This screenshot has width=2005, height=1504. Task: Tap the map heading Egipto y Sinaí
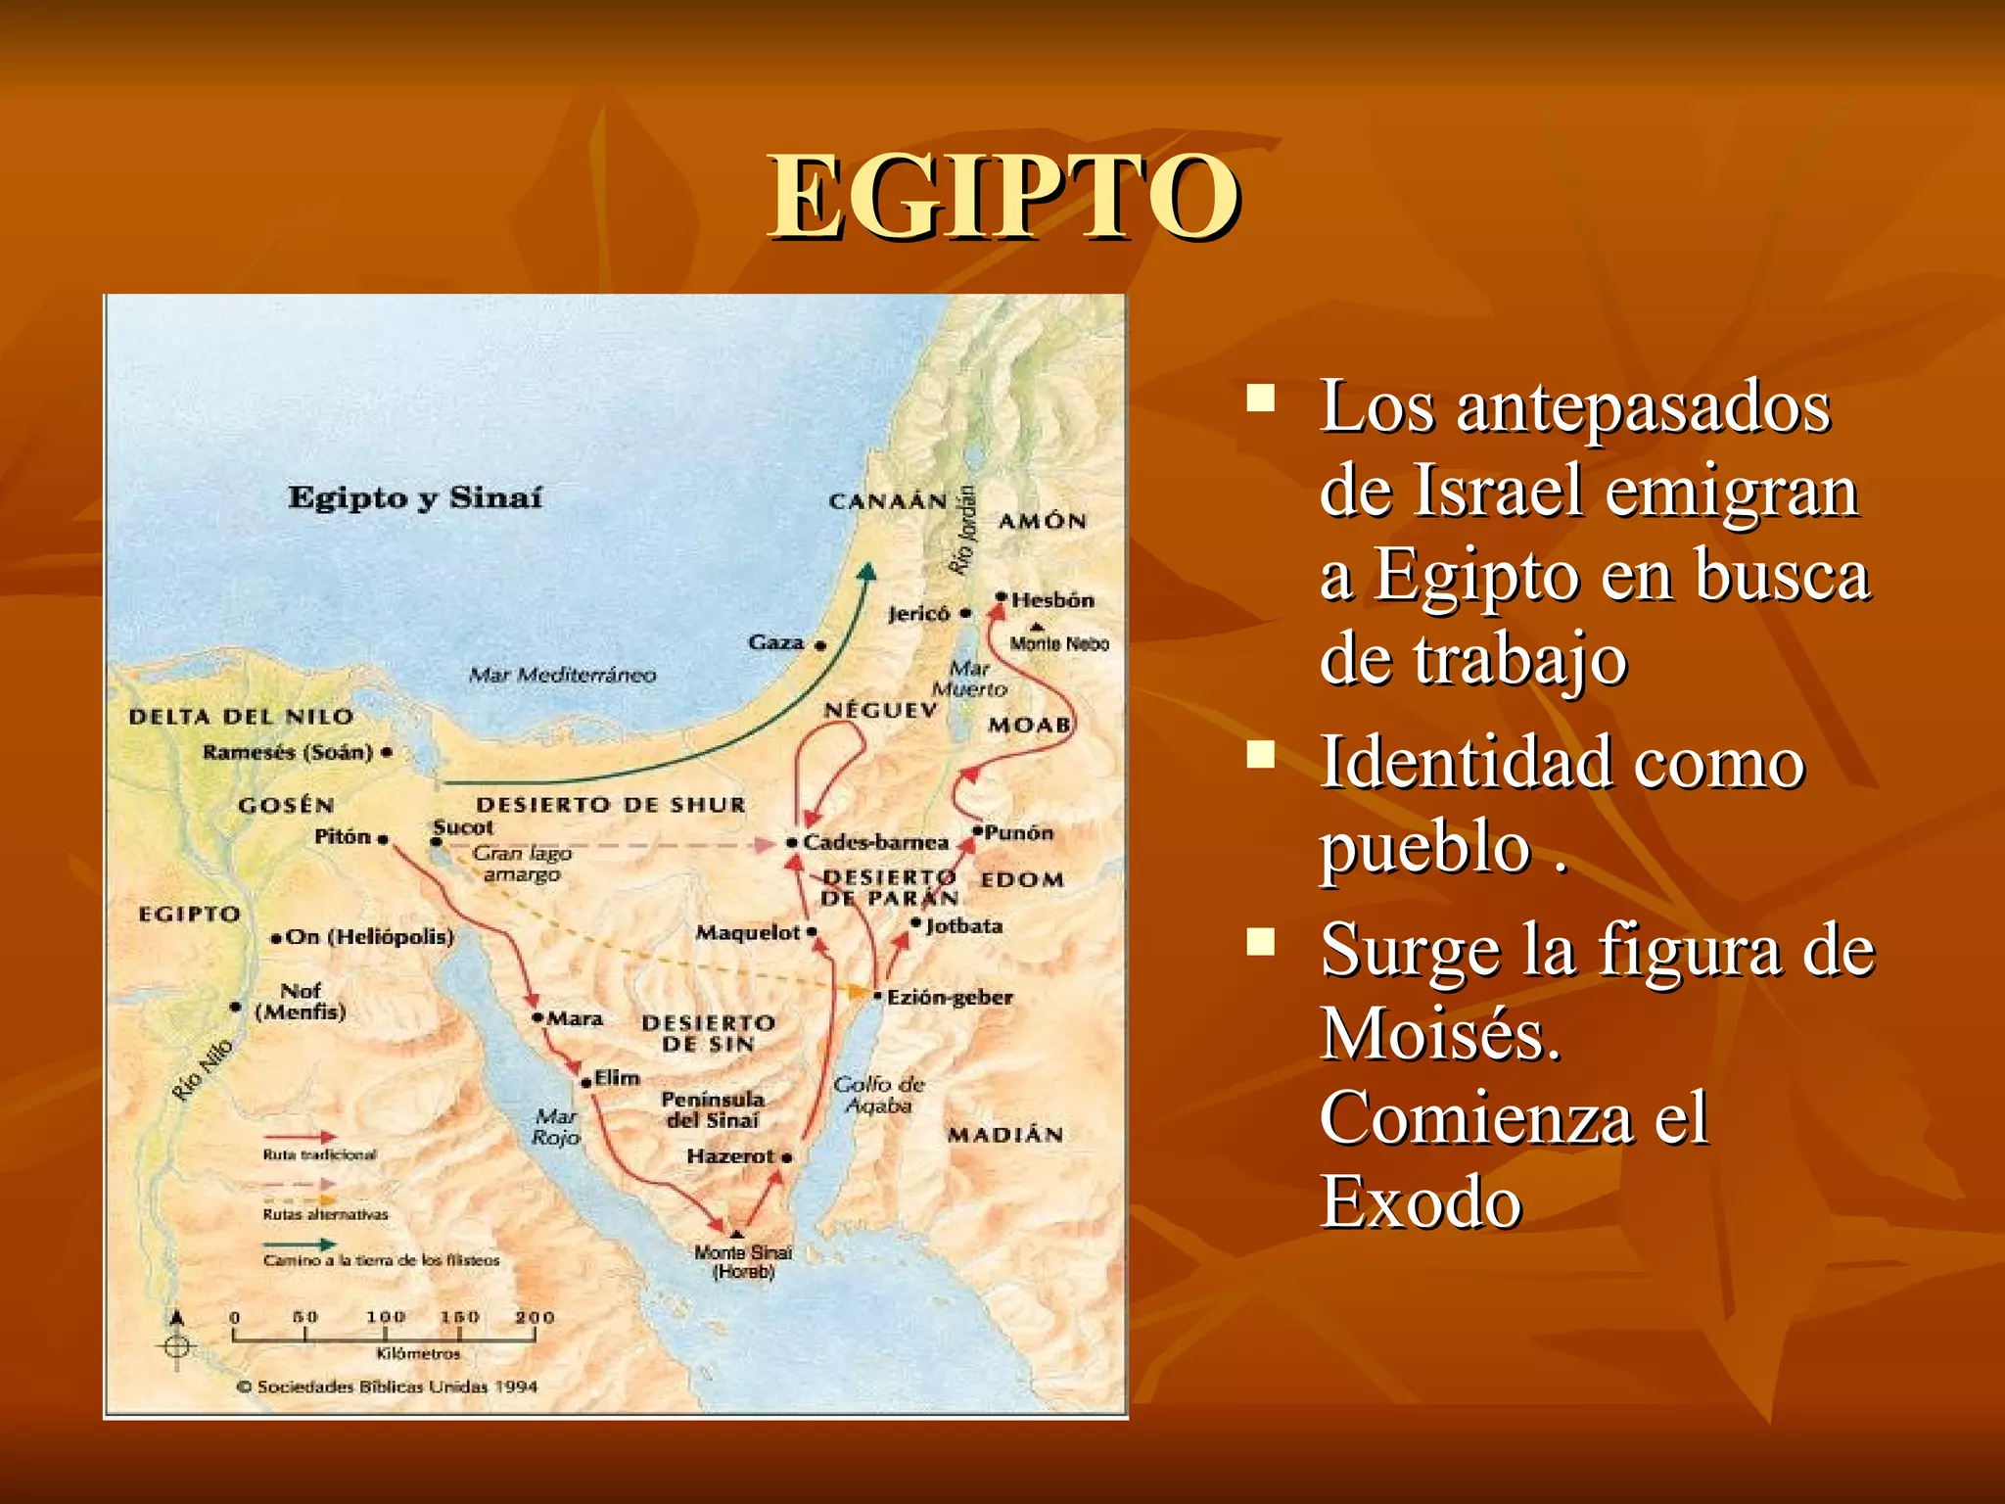pyautogui.click(x=414, y=497)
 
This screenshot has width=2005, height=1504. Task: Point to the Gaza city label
pyautogui.click(x=776, y=642)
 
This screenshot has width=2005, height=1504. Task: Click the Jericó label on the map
pyautogui.click(x=918, y=614)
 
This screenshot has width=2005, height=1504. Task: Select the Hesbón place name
pyautogui.click(x=1052, y=599)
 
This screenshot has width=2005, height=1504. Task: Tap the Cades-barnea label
pyautogui.click(x=875, y=842)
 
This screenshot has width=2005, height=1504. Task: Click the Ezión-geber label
pyautogui.click(x=949, y=997)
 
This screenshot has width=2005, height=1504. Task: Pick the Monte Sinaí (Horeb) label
pyautogui.click(x=743, y=1261)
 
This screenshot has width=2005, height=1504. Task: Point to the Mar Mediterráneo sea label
pyautogui.click(x=562, y=675)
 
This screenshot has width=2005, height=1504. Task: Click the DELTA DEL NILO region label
pyautogui.click(x=241, y=717)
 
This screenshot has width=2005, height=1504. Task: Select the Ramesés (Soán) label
pyautogui.click(x=288, y=752)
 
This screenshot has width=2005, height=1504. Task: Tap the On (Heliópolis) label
pyautogui.click(x=369, y=937)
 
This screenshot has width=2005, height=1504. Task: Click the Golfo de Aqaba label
pyautogui.click(x=878, y=1094)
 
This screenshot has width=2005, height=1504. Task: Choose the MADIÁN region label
pyautogui.click(x=1004, y=1135)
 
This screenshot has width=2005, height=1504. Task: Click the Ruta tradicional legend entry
pyautogui.click(x=319, y=1154)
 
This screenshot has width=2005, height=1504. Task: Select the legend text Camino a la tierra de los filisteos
pyautogui.click(x=381, y=1260)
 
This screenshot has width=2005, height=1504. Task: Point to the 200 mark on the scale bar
pyautogui.click(x=535, y=1318)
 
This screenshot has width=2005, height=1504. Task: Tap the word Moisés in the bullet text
pyautogui.click(x=1439, y=1034)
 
